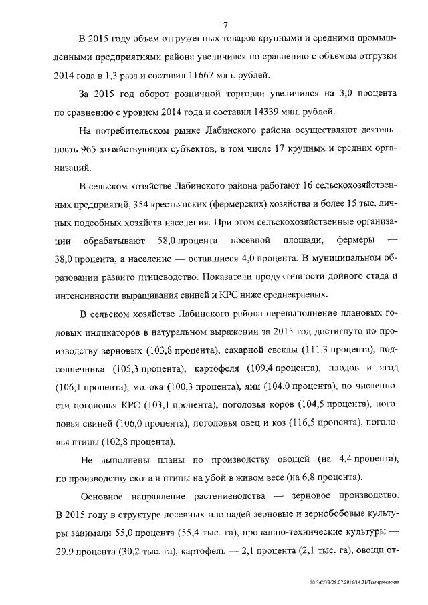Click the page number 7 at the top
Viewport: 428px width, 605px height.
(x=225, y=25)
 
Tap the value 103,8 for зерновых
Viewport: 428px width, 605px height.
(x=179, y=350)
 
